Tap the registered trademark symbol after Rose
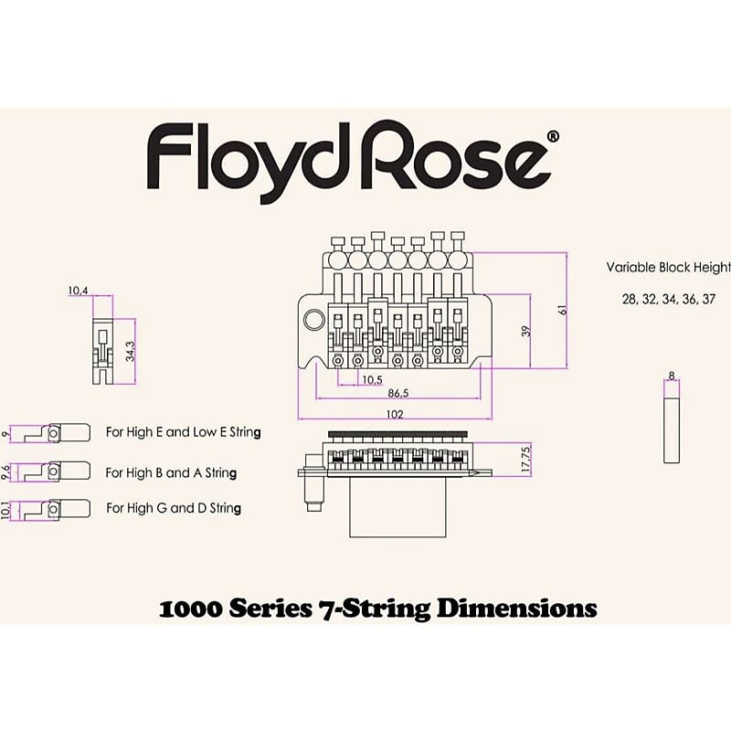tap(553, 136)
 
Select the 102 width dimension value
tap(394, 413)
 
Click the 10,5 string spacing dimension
tap(371, 379)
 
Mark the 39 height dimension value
tap(525, 331)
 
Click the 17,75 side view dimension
tap(524, 460)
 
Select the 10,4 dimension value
tap(78, 291)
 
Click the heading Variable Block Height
tap(669, 268)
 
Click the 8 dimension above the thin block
tap(672, 376)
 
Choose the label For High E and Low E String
tap(184, 432)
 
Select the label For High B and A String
tap(172, 473)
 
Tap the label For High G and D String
tap(174, 507)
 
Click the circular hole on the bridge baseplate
tap(314, 320)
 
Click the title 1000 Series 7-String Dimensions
tap(377, 608)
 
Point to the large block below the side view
tap(398, 508)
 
